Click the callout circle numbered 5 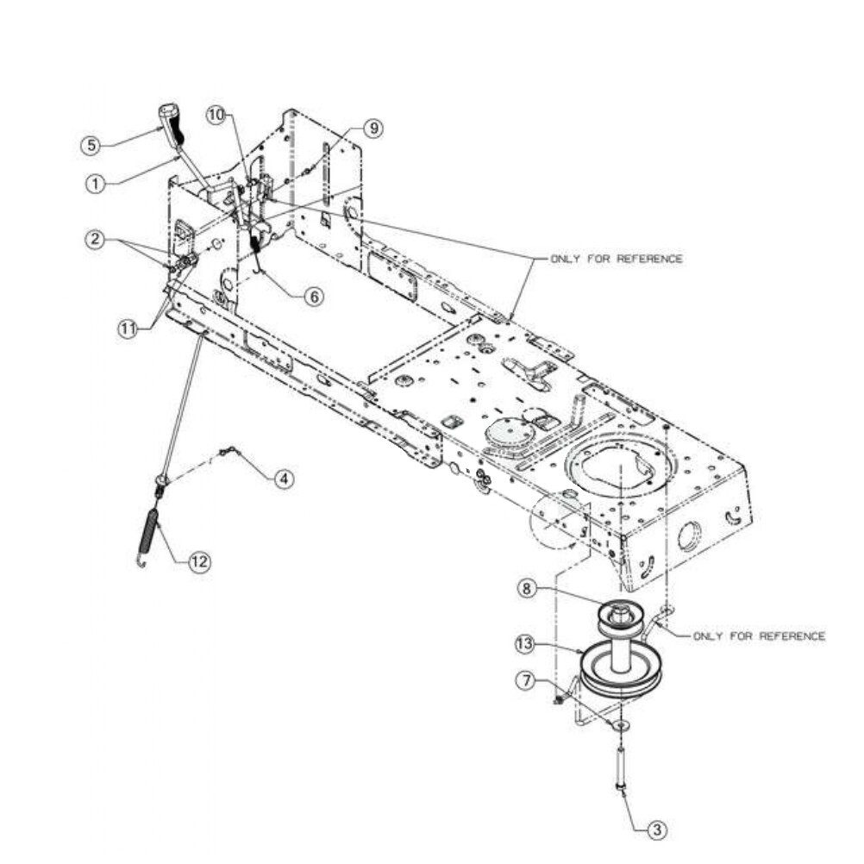91,146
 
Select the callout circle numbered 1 96,184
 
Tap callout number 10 216,116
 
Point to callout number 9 373,128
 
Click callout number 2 96,240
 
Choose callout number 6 314,297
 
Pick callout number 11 128,329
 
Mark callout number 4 284,479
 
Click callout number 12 199,561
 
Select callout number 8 527,589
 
